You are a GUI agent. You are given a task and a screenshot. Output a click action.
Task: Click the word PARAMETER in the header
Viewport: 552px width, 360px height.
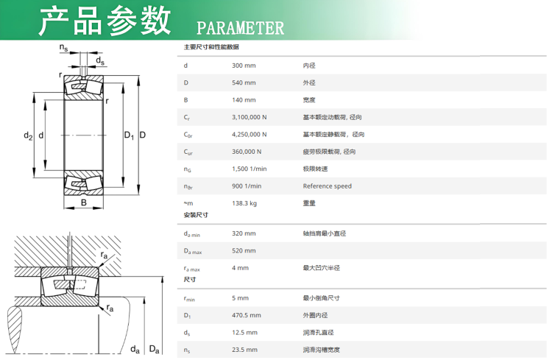coord(240,28)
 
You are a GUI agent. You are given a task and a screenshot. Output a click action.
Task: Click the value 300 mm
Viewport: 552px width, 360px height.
coord(244,66)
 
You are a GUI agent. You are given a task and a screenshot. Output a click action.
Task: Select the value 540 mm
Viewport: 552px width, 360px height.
coord(244,82)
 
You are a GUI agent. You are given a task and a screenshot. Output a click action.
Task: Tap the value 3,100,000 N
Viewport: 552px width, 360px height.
coord(250,117)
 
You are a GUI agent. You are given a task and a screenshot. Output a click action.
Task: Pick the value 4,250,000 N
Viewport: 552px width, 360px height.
coord(250,135)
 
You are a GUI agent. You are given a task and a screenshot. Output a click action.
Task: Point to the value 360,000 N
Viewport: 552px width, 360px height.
coord(247,152)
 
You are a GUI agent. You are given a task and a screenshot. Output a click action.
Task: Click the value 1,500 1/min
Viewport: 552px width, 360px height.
coord(250,169)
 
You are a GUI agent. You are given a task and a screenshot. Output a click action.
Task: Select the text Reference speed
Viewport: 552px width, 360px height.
coord(327,186)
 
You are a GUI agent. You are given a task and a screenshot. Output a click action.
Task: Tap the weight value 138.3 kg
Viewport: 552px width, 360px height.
coord(244,204)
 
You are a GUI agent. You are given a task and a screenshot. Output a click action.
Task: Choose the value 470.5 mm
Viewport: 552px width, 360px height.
coord(247,315)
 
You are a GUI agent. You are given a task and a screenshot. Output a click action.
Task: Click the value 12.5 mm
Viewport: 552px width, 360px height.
coord(244,333)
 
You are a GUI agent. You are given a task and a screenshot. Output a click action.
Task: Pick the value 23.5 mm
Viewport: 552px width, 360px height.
coord(244,350)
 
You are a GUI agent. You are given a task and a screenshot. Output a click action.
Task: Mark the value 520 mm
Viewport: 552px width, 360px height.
coord(244,251)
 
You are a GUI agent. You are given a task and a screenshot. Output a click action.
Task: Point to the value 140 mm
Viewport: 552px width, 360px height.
coord(244,100)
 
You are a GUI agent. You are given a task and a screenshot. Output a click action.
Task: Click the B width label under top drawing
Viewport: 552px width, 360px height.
coord(84,202)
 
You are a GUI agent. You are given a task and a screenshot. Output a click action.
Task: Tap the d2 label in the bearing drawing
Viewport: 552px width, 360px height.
coord(28,135)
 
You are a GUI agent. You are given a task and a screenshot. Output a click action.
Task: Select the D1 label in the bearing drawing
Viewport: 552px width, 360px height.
coord(130,135)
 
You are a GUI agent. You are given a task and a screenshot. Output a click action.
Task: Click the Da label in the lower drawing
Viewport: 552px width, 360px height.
coord(155,349)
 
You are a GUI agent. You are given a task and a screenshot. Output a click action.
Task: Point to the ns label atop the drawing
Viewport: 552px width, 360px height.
coord(63,48)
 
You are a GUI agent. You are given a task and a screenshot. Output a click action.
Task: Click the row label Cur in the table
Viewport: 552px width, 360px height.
coord(188,152)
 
